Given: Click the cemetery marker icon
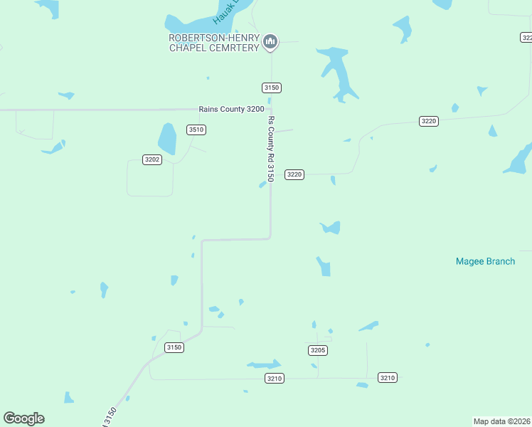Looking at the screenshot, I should pyautogui.click(x=270, y=43).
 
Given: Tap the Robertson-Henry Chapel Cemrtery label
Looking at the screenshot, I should pyautogui.click(x=213, y=43).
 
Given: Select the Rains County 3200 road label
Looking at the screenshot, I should pyautogui.click(x=231, y=109).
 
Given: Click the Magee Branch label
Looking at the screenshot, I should pyautogui.click(x=485, y=261).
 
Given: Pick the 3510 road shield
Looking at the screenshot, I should pyautogui.click(x=196, y=130).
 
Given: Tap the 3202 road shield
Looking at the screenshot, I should pyautogui.click(x=152, y=159).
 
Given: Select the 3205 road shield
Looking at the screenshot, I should pyautogui.click(x=318, y=350).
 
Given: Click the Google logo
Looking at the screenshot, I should pyautogui.click(x=23, y=418).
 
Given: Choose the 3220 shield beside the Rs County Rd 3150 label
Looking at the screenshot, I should pyautogui.click(x=294, y=174).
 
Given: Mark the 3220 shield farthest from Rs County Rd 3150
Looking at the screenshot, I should pyautogui.click(x=428, y=121).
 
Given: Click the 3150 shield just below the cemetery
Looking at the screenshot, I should pyautogui.click(x=272, y=88).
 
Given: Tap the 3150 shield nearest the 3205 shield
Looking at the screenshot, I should pyautogui.click(x=174, y=347).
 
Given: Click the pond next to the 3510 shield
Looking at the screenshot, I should pyautogui.click(x=166, y=138).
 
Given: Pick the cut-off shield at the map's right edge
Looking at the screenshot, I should pyautogui.click(x=526, y=37).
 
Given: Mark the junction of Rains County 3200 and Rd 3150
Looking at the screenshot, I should pyautogui.click(x=270, y=110).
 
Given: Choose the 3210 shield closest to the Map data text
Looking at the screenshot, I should pyautogui.click(x=387, y=377).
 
